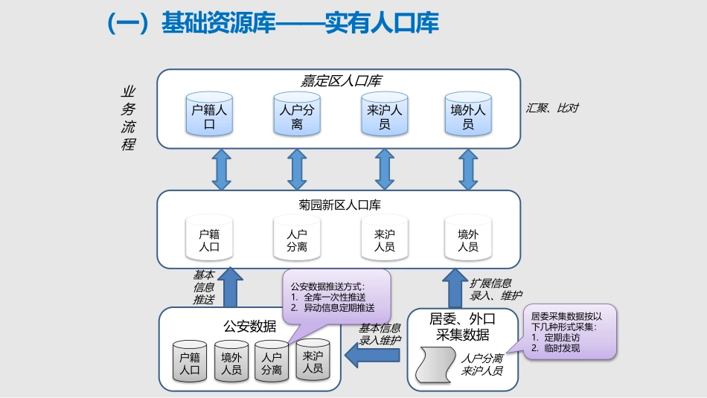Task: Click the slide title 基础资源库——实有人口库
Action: tap(273, 24)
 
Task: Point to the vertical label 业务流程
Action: tap(128, 118)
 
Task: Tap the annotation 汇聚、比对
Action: tap(551, 108)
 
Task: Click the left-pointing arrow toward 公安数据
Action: tap(373, 357)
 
